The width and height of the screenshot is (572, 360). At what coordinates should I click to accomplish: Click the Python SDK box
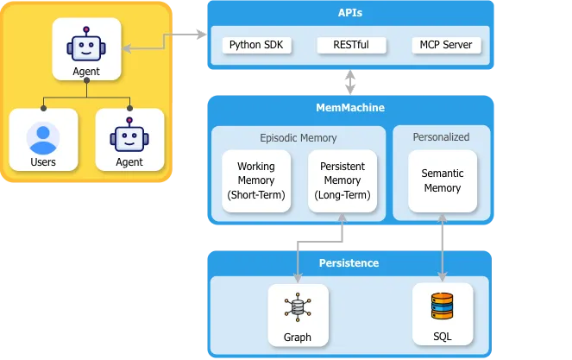(257, 45)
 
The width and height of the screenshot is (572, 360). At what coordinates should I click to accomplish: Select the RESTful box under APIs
(350, 45)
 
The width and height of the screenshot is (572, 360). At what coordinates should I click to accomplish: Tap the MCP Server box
(445, 45)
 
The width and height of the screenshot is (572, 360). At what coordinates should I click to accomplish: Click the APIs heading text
(350, 13)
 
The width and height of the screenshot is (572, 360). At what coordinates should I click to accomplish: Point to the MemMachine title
(350, 108)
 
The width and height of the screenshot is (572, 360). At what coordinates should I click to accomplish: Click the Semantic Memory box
(442, 180)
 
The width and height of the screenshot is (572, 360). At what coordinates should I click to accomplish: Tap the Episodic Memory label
(299, 137)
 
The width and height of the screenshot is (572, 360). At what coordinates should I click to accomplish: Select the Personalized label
(441, 136)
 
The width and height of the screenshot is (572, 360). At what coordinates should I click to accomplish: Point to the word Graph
(297, 337)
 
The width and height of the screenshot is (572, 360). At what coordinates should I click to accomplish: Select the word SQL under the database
(442, 337)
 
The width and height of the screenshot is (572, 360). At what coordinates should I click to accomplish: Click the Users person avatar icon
(42, 137)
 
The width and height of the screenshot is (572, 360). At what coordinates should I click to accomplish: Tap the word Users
(42, 162)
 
